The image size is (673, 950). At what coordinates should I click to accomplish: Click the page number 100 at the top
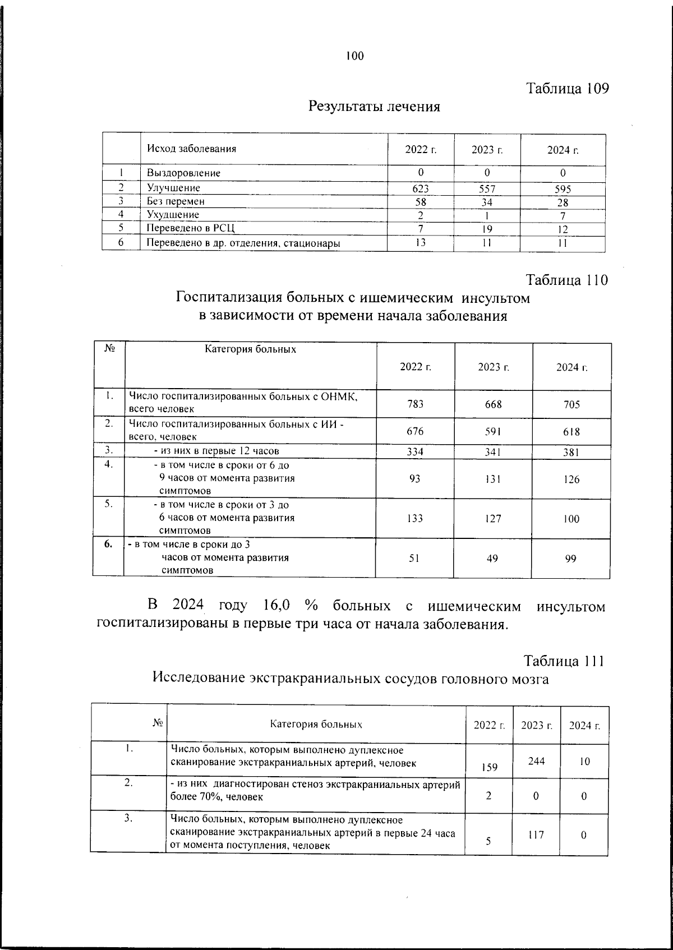[354, 56]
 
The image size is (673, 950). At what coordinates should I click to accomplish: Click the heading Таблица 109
[567, 89]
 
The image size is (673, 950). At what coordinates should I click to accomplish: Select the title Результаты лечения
[374, 106]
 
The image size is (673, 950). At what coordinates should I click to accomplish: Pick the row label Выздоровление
[183, 173]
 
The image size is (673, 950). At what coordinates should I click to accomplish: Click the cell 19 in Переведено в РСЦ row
[487, 229]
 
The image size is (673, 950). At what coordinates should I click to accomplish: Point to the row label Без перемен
[176, 201]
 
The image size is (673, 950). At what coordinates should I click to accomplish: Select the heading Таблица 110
[567, 280]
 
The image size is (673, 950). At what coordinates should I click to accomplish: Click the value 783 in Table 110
[416, 404]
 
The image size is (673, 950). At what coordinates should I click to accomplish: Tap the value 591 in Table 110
[494, 432]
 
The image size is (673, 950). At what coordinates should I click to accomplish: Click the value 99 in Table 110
[571, 559]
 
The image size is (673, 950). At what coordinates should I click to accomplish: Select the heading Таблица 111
[564, 661]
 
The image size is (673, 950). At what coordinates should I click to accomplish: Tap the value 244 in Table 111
[537, 761]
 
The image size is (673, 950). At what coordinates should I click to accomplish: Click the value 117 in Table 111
[537, 834]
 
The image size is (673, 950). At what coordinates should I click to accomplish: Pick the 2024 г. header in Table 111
[584, 726]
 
